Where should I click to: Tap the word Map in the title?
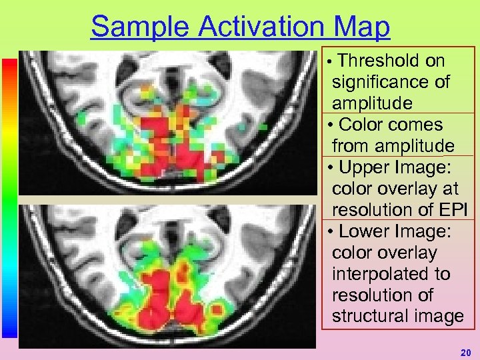[x=363, y=27]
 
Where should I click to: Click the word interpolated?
[x=391, y=274]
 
